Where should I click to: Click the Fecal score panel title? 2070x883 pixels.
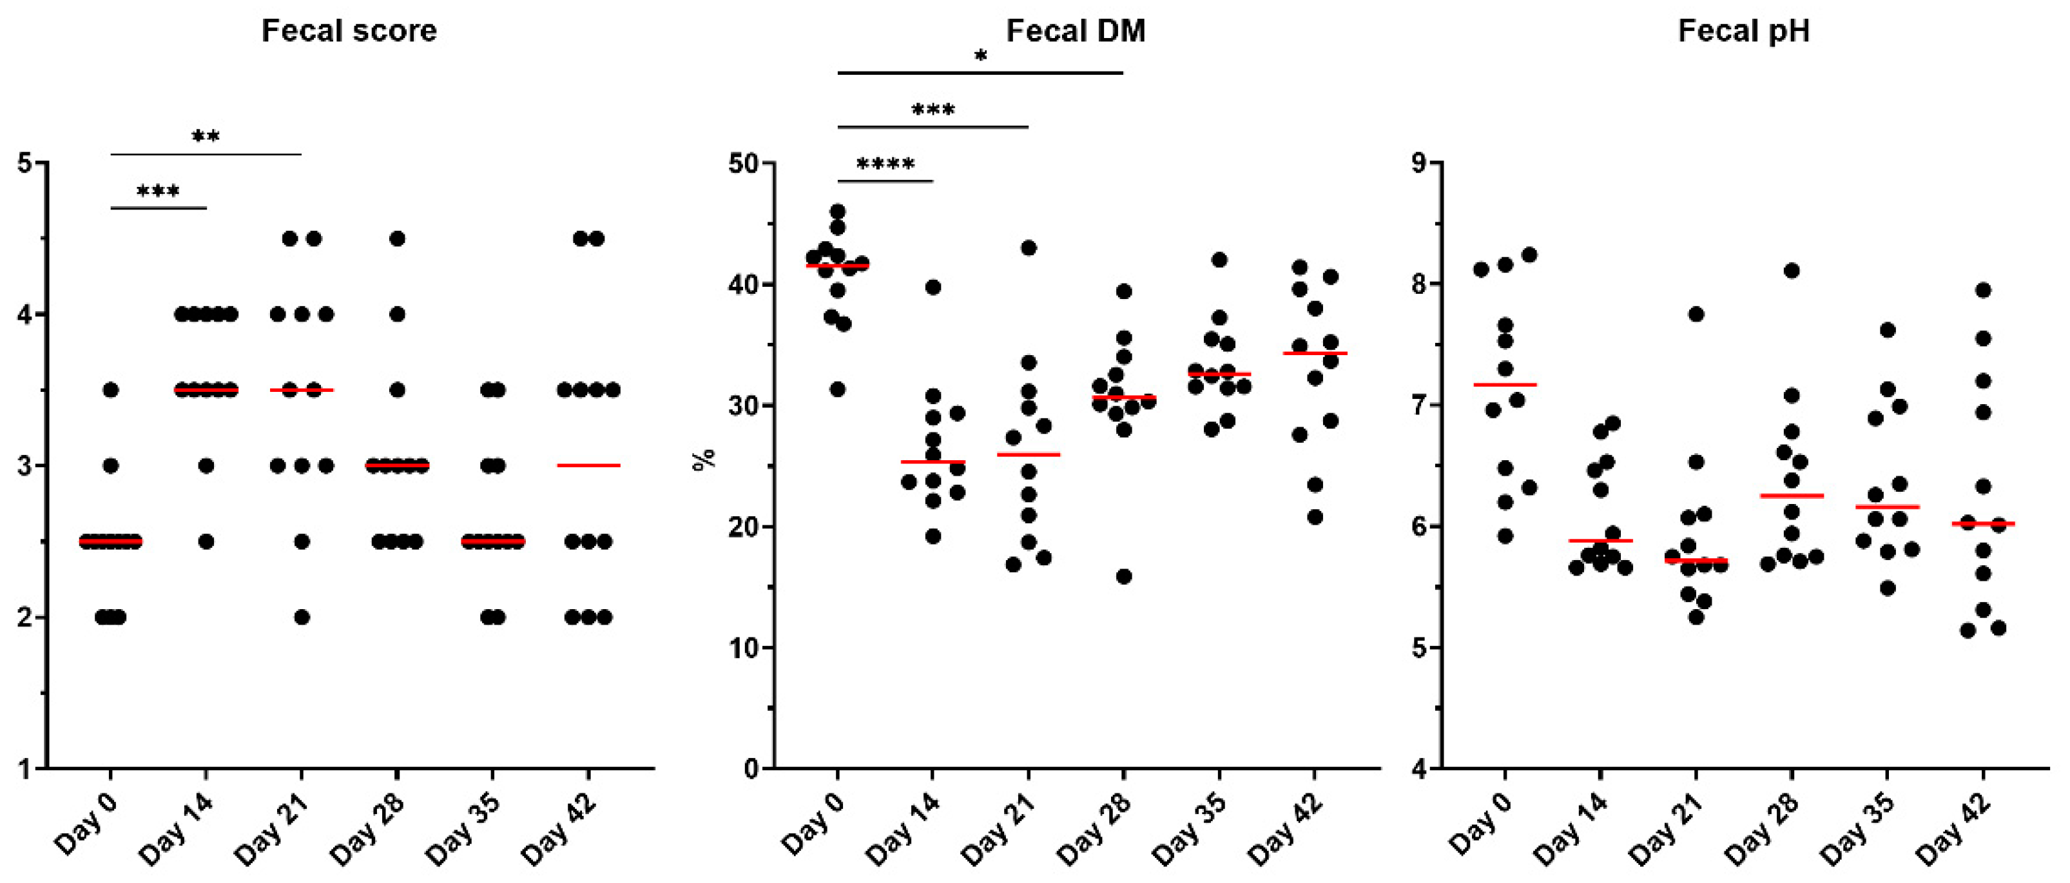[349, 32]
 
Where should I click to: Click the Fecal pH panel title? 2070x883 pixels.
[1744, 32]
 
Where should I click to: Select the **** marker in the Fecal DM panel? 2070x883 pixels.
[885, 166]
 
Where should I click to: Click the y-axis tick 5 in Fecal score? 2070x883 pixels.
[25, 163]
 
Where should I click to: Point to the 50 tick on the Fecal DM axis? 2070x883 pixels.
[743, 163]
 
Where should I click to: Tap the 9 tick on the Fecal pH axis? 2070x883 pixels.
[1419, 163]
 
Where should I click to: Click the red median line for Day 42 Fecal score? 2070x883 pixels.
[588, 465]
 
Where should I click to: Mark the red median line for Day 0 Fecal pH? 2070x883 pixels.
[1505, 385]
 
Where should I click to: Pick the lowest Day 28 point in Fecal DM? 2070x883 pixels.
[1123, 577]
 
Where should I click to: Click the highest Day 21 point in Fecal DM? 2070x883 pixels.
[1028, 247]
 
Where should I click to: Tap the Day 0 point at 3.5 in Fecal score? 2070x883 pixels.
[111, 390]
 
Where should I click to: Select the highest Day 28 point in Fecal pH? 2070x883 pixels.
[1791, 271]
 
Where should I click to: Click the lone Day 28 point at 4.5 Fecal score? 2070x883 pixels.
[397, 238]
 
